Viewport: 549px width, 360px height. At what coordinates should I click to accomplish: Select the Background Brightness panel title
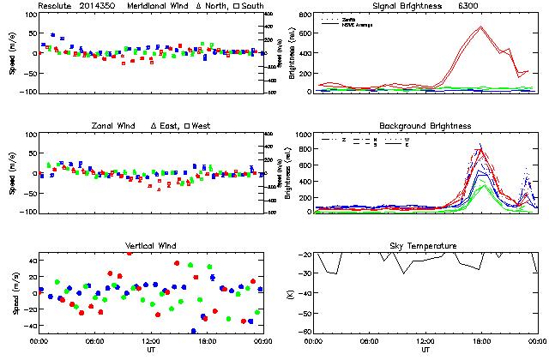coord(425,126)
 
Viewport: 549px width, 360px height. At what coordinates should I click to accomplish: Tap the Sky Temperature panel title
coord(425,246)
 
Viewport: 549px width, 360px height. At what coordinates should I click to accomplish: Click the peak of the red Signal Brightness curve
coord(481,27)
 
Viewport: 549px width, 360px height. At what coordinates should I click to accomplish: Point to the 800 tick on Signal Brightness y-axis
coord(306,15)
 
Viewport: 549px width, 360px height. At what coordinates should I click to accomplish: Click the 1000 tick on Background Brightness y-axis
coord(304,135)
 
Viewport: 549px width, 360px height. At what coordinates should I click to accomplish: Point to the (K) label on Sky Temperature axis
coord(292,293)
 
